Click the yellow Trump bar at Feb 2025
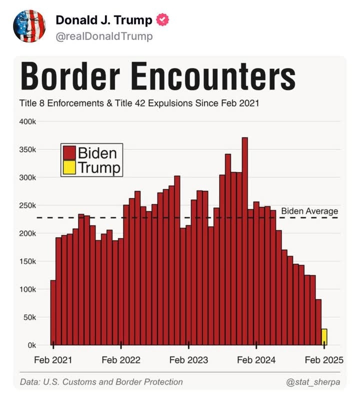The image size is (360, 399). (x=324, y=337)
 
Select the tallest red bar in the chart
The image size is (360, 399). (x=244, y=240)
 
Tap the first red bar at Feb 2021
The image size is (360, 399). (x=53, y=312)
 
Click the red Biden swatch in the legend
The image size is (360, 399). (x=69, y=152)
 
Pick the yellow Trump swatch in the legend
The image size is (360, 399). (x=69, y=167)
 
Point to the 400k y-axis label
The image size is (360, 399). (x=28, y=122)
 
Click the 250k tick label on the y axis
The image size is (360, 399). (x=28, y=205)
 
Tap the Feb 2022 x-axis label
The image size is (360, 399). (x=121, y=360)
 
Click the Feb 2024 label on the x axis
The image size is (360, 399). (x=256, y=360)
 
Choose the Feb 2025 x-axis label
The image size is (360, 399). (x=324, y=360)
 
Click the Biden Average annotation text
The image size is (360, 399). (x=309, y=211)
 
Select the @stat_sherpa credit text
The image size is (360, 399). (x=312, y=382)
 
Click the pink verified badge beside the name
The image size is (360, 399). (x=163, y=20)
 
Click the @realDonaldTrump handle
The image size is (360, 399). (x=104, y=36)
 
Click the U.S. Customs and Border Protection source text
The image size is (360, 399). (x=101, y=382)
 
